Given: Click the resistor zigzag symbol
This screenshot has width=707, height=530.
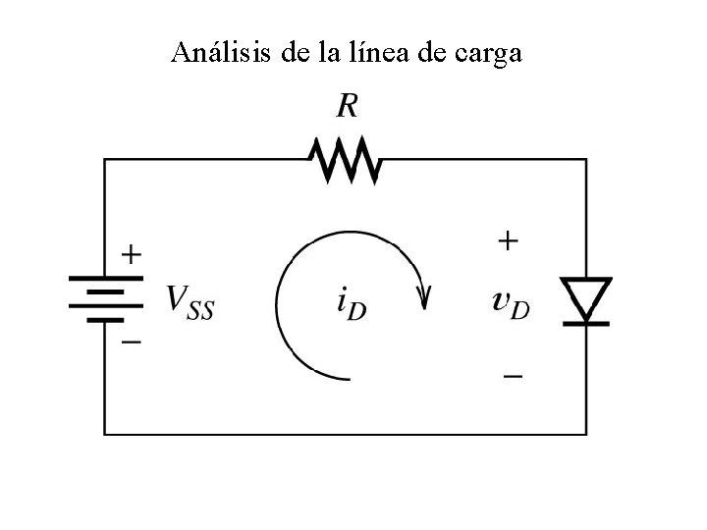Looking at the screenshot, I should click(345, 160).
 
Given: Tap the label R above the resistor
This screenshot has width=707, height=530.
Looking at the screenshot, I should click(348, 104).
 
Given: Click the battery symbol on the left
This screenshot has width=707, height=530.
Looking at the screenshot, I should click(97, 297).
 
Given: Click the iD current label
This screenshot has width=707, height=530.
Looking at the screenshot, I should click(352, 304).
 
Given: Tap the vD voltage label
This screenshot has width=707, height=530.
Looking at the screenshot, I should click(511, 303).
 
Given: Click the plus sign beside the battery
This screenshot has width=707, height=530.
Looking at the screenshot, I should click(131, 255).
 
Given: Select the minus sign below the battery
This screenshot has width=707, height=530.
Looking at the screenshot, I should click(131, 343).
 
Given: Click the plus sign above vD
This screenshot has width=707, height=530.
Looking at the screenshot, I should click(508, 240).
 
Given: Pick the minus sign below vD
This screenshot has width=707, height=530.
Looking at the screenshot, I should click(513, 376).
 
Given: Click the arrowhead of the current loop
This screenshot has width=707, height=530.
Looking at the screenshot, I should click(424, 295).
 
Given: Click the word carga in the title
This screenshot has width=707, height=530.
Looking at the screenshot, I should click(488, 54).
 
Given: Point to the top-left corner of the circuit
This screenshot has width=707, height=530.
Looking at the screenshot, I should click(106, 159).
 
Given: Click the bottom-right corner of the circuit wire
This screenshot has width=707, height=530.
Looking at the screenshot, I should click(587, 433).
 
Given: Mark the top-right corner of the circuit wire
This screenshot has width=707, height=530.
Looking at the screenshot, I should click(587, 159).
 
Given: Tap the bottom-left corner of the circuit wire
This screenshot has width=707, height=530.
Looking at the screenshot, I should click(106, 433).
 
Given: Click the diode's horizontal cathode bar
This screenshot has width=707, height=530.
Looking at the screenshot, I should click(586, 321).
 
